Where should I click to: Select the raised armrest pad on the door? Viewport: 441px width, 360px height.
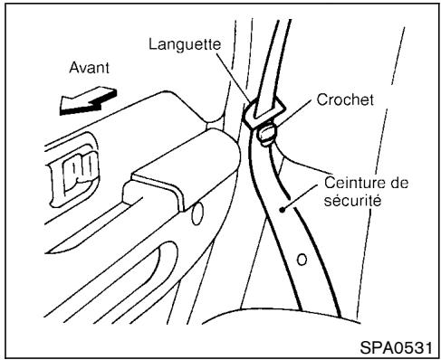168,172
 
